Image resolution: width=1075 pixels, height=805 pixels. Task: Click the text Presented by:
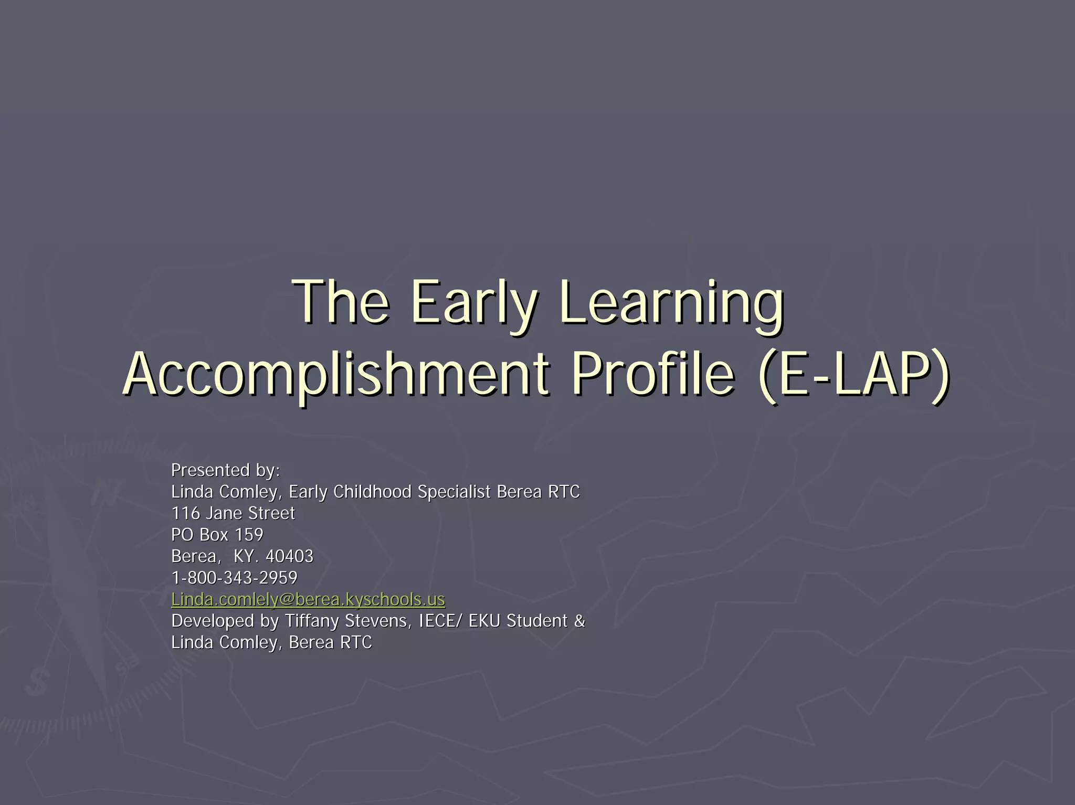[x=226, y=470]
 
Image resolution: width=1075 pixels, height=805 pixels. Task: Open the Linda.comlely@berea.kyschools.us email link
[x=308, y=599]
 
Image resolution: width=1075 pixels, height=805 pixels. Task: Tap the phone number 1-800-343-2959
[x=234, y=578]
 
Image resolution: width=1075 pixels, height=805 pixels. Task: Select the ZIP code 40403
[x=289, y=556]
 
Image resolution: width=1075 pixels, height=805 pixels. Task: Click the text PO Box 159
[x=217, y=535]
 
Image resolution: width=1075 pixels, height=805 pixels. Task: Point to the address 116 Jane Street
[x=233, y=513]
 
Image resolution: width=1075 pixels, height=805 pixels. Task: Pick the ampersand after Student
[x=579, y=621]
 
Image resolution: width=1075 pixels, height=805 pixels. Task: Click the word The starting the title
[x=341, y=303]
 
